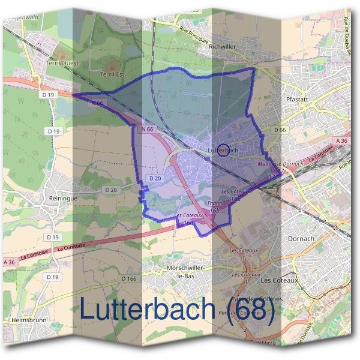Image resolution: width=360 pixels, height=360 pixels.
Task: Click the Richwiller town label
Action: click(223, 53)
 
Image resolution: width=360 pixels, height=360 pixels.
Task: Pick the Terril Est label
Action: click(112, 74)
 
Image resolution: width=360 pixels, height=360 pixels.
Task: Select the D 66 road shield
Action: click(279, 130)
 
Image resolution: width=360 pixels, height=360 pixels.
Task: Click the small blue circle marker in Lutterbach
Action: click(223, 149)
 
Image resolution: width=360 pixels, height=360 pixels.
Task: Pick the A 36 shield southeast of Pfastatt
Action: click(341, 141)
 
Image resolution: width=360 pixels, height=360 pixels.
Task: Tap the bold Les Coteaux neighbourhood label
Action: click(280, 280)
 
